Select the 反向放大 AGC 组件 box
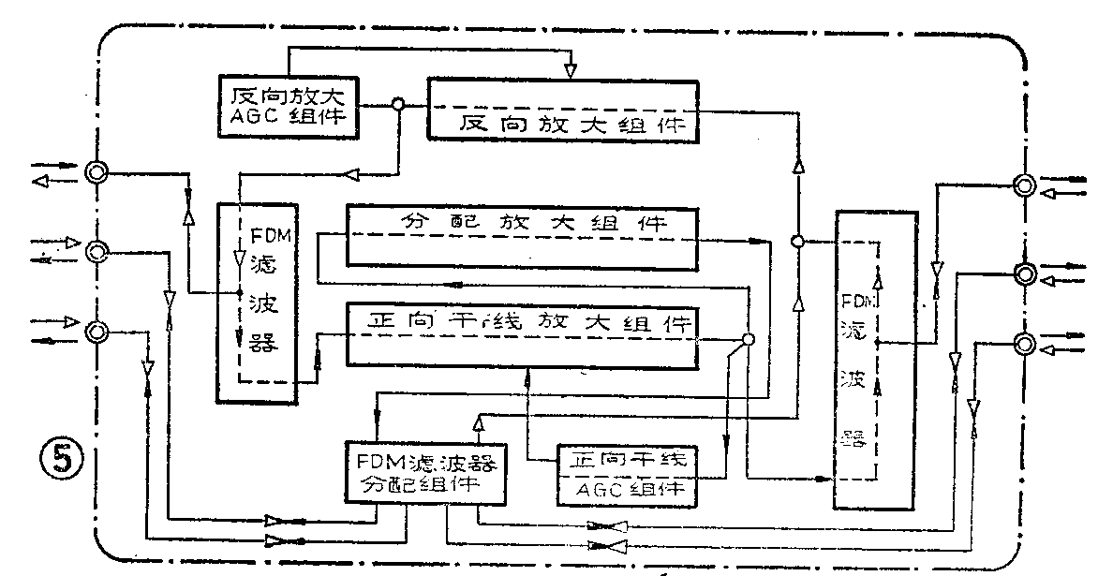click(288, 106)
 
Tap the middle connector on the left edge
click(96, 251)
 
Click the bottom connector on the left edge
click(96, 331)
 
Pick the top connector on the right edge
click(1025, 186)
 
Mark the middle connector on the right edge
click(1025, 273)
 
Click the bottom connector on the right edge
click(1025, 344)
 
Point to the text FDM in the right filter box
click(859, 305)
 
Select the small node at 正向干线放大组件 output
click(748, 339)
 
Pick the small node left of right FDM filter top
click(796, 242)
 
